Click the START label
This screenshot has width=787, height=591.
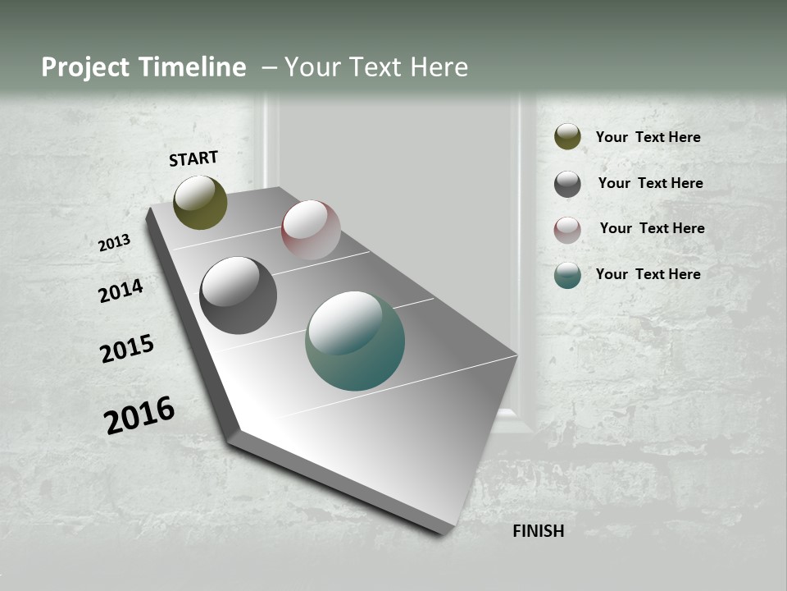[x=193, y=158]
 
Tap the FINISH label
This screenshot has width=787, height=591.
[x=539, y=531]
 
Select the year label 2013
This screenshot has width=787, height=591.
[x=115, y=243]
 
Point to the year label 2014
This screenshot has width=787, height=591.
[x=121, y=291]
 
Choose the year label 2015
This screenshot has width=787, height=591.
[x=127, y=349]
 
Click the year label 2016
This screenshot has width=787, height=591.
[x=139, y=415]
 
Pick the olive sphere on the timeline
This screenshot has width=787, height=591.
[x=200, y=202]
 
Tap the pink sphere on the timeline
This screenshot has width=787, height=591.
[x=311, y=230]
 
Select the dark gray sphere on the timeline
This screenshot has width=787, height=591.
[x=238, y=295]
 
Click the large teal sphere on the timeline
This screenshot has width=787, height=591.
[x=355, y=341]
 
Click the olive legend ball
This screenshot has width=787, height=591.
[x=567, y=137]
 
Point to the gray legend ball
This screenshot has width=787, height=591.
[x=567, y=184]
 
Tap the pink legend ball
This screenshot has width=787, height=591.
[x=567, y=230]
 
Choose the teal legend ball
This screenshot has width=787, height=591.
[x=567, y=276]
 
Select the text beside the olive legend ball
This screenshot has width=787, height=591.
[x=648, y=137]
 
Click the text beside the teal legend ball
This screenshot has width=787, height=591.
[x=648, y=274]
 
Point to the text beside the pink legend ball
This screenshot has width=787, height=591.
[x=652, y=228]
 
